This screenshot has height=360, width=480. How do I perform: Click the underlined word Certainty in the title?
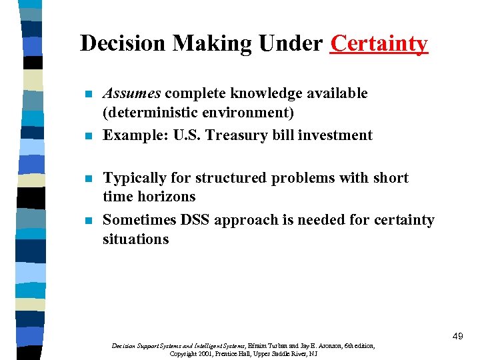pos(379,43)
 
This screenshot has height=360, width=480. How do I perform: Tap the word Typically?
pos(136,178)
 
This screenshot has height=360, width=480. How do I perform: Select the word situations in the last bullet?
pos(135,239)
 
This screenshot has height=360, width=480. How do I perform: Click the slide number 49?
pos(457,337)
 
